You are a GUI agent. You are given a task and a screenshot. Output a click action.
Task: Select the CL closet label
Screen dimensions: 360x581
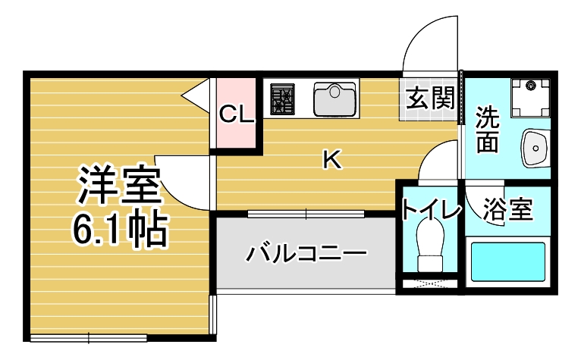236,114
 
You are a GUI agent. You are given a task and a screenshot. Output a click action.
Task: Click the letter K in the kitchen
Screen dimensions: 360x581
331,159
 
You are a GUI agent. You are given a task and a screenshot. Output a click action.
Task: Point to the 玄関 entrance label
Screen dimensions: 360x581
430,99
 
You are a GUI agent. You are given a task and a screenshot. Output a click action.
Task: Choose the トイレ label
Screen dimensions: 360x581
430,208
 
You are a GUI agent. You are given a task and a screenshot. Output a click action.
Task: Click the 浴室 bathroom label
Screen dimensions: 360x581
507,209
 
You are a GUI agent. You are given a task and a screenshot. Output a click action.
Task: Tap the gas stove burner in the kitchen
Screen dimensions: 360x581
283,99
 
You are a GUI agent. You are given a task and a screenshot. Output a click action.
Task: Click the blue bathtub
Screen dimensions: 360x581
508,262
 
